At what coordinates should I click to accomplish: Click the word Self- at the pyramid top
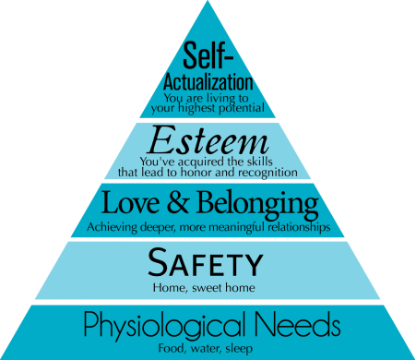[208, 54]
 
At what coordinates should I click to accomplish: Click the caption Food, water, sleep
[208, 348]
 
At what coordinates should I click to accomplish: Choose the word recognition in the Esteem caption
[265, 172]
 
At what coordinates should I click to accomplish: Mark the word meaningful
[225, 225]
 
